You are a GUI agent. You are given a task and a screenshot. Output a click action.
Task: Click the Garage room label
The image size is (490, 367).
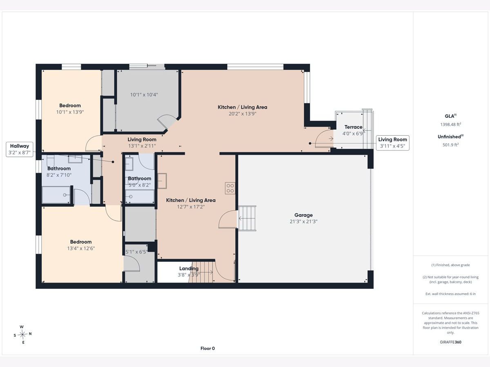(x=303, y=215)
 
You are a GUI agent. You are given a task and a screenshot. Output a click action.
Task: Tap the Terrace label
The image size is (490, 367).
(x=353, y=127)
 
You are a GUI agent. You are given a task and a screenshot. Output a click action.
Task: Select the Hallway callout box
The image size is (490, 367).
(x=20, y=149)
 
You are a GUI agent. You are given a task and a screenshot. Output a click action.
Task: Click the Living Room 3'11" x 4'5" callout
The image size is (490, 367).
(x=392, y=143)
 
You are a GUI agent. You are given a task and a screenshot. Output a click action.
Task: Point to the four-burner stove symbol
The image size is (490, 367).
(x=230, y=188)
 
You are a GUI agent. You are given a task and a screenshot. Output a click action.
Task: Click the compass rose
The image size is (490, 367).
(x=22, y=334)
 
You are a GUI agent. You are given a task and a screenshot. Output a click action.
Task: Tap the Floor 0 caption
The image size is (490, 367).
(x=207, y=348)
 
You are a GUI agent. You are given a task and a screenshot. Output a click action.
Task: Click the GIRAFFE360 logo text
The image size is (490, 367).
(x=450, y=342)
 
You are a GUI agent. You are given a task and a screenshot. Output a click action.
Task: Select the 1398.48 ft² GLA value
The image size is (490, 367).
(x=450, y=124)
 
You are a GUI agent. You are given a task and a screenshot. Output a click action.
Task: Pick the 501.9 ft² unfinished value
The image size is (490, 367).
(x=450, y=145)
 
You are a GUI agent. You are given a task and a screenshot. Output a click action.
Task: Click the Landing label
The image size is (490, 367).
(x=189, y=268)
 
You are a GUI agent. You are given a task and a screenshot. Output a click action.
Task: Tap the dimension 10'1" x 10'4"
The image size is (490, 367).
(x=144, y=95)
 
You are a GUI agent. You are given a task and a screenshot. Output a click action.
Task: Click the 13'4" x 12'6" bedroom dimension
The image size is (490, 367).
(x=81, y=248)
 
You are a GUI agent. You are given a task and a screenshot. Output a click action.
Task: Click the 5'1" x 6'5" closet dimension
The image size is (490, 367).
(x=136, y=252)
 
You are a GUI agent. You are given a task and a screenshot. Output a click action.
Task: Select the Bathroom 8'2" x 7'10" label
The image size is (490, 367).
(x=59, y=172)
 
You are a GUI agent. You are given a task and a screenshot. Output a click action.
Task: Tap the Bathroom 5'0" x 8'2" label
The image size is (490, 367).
(x=140, y=181)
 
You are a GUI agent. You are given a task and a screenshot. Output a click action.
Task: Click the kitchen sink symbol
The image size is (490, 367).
(x=162, y=181)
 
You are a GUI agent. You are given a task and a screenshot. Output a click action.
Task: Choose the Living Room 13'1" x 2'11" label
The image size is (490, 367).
(x=142, y=143)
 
